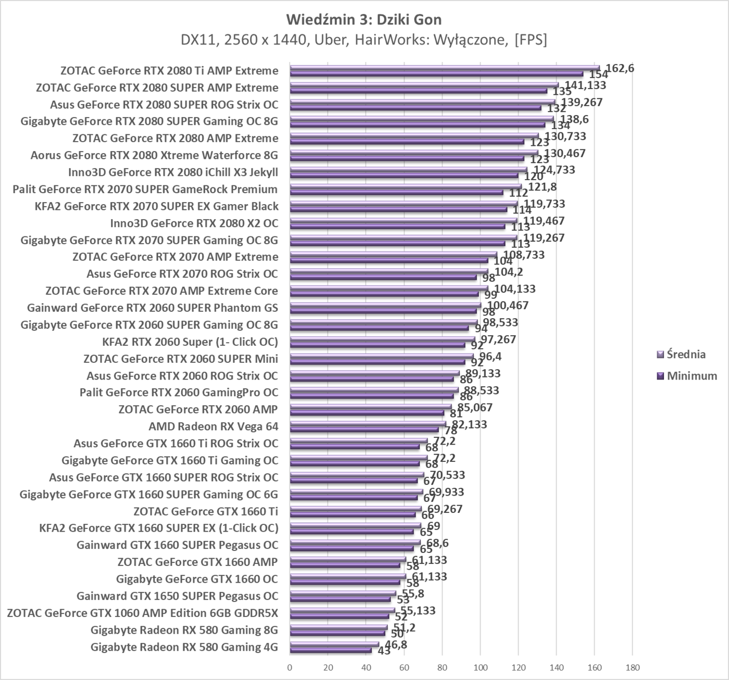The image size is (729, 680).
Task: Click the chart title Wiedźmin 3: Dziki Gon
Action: pyautogui.click(x=364, y=20)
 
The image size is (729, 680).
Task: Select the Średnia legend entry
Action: pyautogui.click(x=686, y=355)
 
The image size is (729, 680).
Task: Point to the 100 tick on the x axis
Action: pyautogui.click(x=480, y=668)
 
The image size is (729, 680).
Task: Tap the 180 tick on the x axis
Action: pyautogui.click(x=632, y=668)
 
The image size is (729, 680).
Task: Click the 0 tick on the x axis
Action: pyautogui.click(x=290, y=668)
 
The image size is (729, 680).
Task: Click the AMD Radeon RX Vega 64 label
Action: pyautogui.click(x=213, y=426)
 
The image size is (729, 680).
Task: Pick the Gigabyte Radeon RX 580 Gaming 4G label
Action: pyautogui.click(x=184, y=647)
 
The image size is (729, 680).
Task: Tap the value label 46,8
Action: pyautogui.click(x=396, y=645)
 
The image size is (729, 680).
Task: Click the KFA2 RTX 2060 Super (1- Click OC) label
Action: pyautogui.click(x=190, y=342)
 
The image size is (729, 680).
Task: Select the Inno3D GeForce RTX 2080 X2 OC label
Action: pyautogui.click(x=194, y=223)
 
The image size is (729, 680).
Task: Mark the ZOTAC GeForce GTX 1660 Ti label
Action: pyautogui.click(x=206, y=511)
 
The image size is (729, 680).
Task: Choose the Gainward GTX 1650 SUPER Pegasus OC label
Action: pyautogui.click(x=178, y=596)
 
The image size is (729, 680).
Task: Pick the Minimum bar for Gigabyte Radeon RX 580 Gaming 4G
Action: pyautogui.click(x=331, y=650)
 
